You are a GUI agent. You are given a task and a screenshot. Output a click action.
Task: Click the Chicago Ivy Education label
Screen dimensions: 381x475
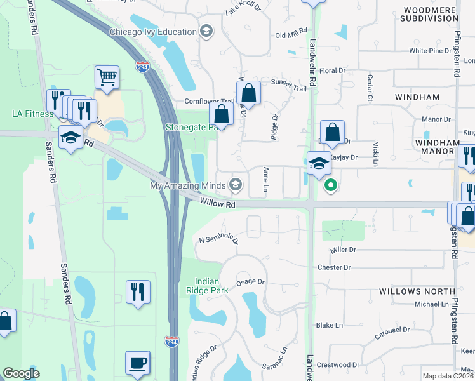pos(153,32)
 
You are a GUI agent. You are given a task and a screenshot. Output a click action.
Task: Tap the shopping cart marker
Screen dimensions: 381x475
pos(107,77)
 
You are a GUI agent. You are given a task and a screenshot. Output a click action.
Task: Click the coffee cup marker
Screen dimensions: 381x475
pos(137,363)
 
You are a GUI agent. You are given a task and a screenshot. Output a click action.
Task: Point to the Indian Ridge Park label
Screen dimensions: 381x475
pos(212,286)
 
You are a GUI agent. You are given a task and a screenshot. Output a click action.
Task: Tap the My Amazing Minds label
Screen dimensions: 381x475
pos(187,185)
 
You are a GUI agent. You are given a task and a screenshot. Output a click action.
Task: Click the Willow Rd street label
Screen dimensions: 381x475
pos(217,204)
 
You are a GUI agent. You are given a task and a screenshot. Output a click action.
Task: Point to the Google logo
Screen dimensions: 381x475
pos(21,373)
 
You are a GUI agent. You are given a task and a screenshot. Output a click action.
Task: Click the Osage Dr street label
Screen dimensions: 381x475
pos(250,282)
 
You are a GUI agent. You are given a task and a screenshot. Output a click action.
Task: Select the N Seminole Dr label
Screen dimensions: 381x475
pos(218,241)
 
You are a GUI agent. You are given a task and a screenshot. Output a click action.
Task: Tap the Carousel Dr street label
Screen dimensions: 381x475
pos(392,330)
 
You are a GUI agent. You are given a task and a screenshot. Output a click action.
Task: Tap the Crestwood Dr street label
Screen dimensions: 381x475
pos(338,365)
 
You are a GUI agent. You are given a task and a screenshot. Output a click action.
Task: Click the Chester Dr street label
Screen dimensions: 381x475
pos(333,267)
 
